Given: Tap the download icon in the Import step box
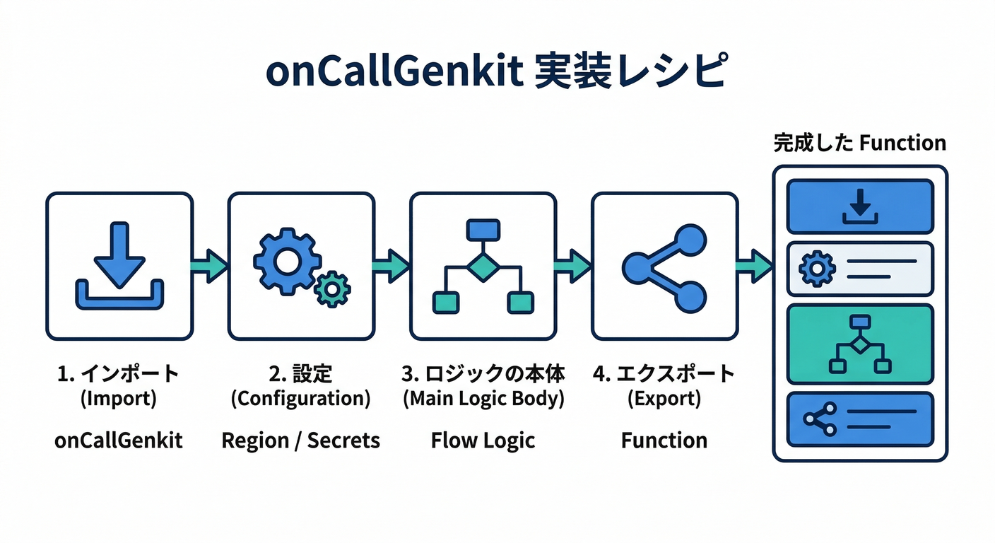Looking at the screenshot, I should coord(119,265).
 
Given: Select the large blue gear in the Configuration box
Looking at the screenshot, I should coord(286,260).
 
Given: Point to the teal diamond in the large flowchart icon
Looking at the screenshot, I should coord(483,267).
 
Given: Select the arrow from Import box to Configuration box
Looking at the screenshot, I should coord(210,266).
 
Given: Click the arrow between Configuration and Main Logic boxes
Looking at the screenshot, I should coord(391,266).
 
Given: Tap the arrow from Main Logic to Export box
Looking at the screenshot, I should coord(573,266).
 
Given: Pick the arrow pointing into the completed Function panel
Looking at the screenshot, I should coord(755,266).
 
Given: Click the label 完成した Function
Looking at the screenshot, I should coord(859,144).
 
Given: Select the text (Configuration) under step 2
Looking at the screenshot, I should coord(300,399).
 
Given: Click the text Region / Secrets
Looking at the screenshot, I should coord(300,440).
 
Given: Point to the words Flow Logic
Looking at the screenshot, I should coord(483,440).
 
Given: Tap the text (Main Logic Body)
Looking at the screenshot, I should coord(483,399).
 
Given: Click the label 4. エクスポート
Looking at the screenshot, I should coord(664,373).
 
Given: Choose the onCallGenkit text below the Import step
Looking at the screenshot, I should coord(119,440).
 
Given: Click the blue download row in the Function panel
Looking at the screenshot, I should coord(860,206).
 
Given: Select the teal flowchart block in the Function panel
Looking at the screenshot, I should coord(860,344).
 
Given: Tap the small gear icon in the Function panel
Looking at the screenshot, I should coord(817,269).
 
